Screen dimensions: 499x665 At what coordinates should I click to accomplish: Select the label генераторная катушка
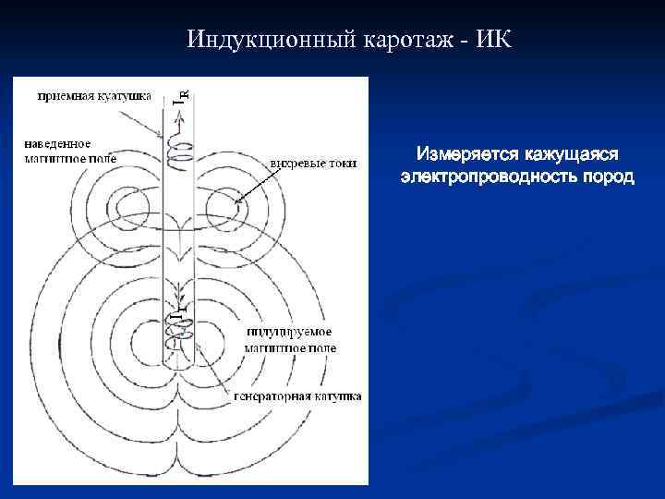click(303, 396)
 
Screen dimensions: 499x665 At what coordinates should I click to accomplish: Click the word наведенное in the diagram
click(57, 143)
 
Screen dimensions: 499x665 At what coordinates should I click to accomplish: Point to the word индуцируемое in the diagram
click(290, 332)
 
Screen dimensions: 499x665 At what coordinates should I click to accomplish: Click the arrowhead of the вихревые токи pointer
click(237, 201)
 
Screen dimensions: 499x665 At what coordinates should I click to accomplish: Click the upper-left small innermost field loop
click(127, 203)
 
